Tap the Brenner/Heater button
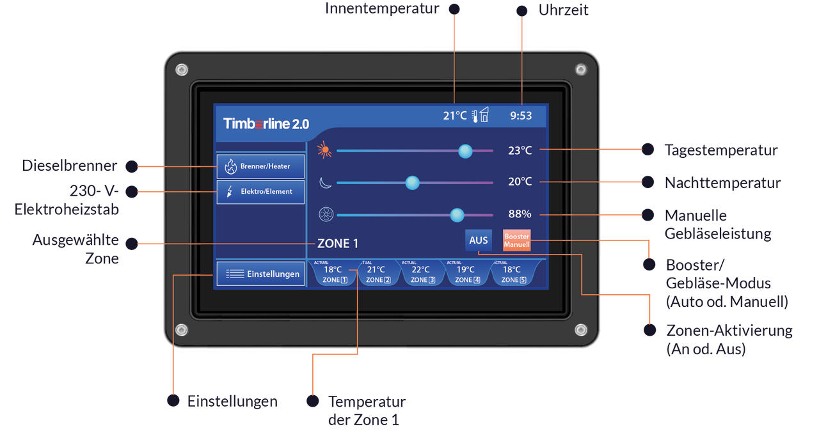coord(260,166)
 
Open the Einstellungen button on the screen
coord(260,274)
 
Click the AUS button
coord(478,240)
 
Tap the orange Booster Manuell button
coord(516,240)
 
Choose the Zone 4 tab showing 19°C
coord(467,273)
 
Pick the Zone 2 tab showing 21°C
coord(378,273)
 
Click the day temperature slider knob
coord(465,151)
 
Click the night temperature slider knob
coord(412,183)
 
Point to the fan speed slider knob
coord(457,215)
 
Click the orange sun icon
coord(324,150)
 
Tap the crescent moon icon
coord(325,182)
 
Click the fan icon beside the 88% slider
coord(326,214)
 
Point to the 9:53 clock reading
coord(521,116)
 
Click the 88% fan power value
coord(520,214)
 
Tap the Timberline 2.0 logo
coord(266,124)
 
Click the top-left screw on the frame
coord(182,70)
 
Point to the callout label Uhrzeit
coord(563,10)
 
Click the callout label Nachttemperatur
coord(722,183)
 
